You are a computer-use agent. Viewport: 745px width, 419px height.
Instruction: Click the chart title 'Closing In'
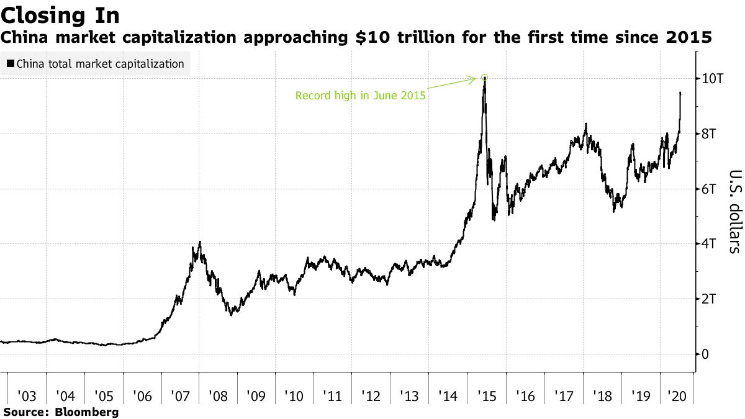tap(60, 16)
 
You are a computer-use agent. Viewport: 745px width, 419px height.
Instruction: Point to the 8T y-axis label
tap(708, 133)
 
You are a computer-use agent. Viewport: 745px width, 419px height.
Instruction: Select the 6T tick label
tap(708, 189)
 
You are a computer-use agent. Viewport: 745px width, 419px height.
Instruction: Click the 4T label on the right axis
tap(708, 244)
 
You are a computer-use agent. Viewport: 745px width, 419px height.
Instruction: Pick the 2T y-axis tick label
tap(708, 299)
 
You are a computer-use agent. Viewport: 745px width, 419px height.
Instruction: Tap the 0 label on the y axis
tap(705, 354)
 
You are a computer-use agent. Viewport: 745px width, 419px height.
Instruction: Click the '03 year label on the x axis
tap(27, 396)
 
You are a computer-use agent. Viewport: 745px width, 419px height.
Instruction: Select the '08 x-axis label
tap(218, 396)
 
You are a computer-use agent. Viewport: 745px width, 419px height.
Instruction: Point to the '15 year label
tap(487, 396)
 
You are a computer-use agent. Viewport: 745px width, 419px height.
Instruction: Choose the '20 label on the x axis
tap(677, 396)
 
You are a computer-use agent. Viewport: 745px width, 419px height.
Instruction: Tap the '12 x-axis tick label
tap(371, 396)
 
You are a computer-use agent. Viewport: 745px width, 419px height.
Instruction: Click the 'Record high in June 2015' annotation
tap(360, 96)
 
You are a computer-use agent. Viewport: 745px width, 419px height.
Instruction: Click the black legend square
tap(11, 63)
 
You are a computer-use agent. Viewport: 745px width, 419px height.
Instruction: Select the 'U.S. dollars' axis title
tap(736, 212)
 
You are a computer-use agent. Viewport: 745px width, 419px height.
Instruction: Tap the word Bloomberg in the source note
tap(87, 412)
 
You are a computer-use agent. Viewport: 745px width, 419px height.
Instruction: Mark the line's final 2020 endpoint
tap(680, 92)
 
